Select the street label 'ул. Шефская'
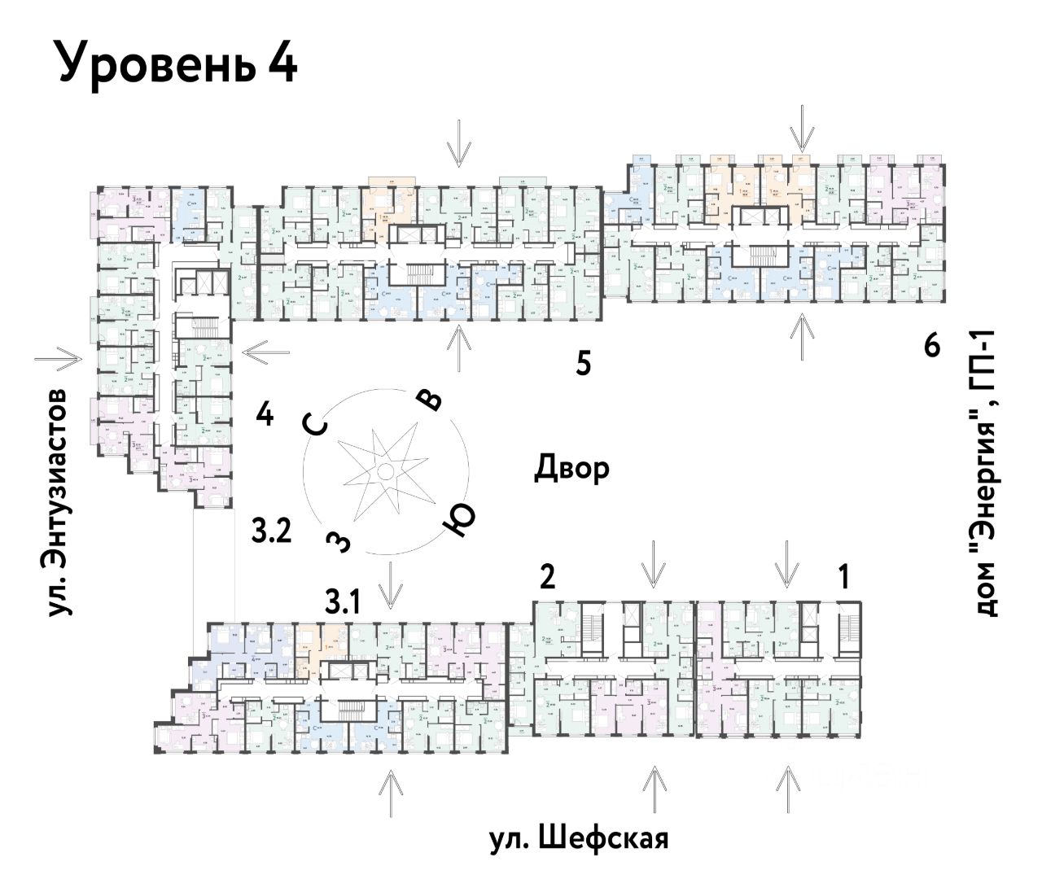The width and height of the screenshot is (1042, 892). (x=579, y=838)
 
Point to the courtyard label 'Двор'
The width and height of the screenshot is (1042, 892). (x=571, y=469)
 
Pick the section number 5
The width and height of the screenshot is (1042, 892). (x=583, y=363)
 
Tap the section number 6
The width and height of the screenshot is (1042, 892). (x=932, y=346)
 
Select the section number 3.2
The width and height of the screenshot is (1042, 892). (x=271, y=532)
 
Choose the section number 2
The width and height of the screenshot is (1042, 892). (x=548, y=577)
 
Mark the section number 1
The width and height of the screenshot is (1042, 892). (x=844, y=578)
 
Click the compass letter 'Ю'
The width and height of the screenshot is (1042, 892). (x=458, y=522)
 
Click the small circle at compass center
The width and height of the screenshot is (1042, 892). (x=385, y=472)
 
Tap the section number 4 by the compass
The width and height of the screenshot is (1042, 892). (x=264, y=415)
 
